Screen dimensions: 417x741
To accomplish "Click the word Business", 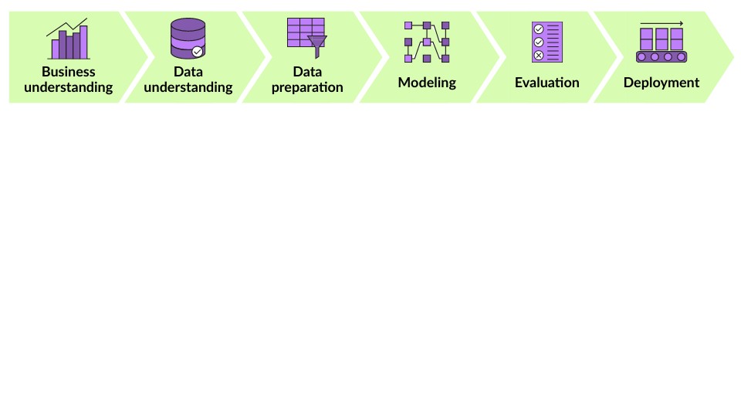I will point(68,72).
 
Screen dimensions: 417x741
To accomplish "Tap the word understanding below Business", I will point(68,87).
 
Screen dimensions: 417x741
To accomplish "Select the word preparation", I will point(307,87).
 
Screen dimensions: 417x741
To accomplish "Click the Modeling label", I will point(427,82).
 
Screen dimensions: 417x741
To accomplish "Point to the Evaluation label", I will point(546,82).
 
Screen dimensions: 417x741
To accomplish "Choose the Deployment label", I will point(661,82).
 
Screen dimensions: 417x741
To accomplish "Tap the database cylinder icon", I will point(186,39).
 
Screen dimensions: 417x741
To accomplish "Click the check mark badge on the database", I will point(198,51).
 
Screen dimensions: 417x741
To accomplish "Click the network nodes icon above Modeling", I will point(427,42).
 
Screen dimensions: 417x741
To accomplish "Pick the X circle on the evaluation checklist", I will point(538,55).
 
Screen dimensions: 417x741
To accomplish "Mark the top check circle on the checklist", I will point(538,29).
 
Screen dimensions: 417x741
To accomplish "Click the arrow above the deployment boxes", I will point(661,23).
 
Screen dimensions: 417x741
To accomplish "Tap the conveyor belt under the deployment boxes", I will point(661,56).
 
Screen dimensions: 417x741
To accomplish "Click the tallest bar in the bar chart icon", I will point(83,42).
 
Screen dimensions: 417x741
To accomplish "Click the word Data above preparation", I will point(307,72).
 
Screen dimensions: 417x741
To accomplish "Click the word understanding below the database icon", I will point(188,87).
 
